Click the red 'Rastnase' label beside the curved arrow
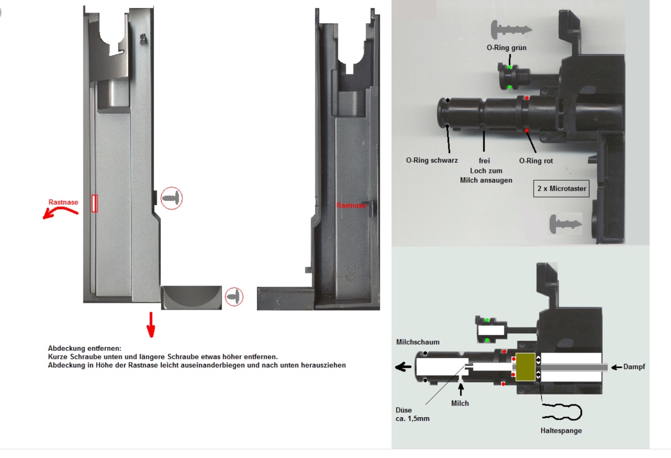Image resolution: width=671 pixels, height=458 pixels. (x=63, y=202)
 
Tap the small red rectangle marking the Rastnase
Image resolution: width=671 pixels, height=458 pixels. (x=94, y=203)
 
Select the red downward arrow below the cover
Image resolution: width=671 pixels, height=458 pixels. (x=151, y=325)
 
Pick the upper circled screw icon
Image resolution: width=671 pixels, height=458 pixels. (x=171, y=198)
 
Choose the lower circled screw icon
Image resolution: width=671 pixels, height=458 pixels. (x=234, y=297)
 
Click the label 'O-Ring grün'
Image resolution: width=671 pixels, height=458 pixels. (x=506, y=48)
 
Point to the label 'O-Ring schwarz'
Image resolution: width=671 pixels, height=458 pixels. (x=431, y=160)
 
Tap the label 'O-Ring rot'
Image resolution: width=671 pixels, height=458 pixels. (x=536, y=161)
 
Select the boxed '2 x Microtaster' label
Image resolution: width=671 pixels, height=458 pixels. (x=562, y=188)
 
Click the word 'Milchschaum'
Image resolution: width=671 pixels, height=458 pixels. (x=418, y=342)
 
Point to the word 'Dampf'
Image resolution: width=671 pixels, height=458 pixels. (x=634, y=366)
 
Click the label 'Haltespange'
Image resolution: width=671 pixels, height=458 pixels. (x=561, y=431)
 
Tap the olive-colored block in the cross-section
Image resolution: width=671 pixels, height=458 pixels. (x=525, y=367)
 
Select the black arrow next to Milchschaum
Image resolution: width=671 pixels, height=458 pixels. (x=404, y=367)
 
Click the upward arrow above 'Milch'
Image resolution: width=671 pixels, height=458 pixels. (x=460, y=390)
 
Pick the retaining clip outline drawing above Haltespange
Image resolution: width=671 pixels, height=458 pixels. (x=562, y=412)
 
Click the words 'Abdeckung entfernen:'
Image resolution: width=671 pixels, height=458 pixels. (x=84, y=349)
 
